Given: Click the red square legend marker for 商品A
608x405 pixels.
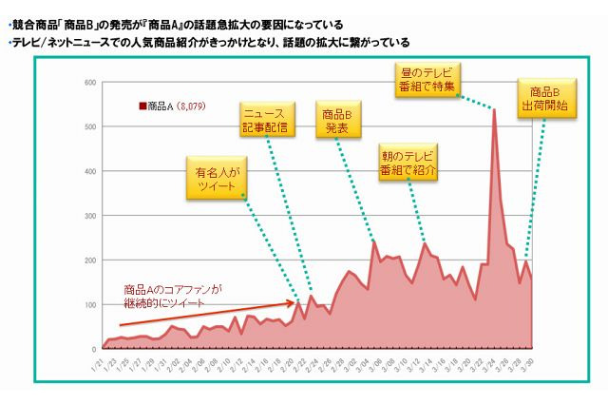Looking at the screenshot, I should click(142, 107).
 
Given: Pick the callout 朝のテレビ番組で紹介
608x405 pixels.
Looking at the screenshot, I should click(410, 163).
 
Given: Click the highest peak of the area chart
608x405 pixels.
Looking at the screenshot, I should click(494, 109).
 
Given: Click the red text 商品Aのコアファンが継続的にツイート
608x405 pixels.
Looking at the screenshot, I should click(172, 295).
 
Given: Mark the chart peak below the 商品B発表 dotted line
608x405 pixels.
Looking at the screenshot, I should click(373, 241).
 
